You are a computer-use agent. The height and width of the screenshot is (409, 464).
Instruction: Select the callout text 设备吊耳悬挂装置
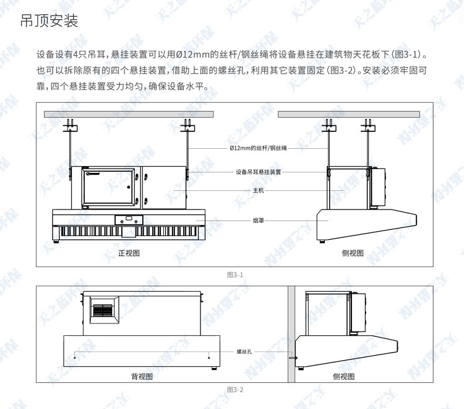coord(259,172)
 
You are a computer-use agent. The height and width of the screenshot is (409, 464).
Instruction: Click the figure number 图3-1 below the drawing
coord(235,274)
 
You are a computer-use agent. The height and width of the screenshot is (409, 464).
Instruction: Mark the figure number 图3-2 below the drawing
coord(235,390)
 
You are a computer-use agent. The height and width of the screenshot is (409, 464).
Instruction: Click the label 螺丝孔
coord(244,351)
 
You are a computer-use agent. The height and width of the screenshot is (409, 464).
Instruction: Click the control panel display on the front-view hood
coord(128,219)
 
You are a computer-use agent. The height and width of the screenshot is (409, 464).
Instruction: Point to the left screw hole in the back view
coord(75,356)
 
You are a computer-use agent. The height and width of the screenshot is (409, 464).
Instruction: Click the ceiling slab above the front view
coord(128,115)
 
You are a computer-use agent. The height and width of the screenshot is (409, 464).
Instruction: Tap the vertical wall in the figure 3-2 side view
coord(290,335)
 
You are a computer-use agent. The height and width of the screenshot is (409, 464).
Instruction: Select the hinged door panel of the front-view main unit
coord(106,187)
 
